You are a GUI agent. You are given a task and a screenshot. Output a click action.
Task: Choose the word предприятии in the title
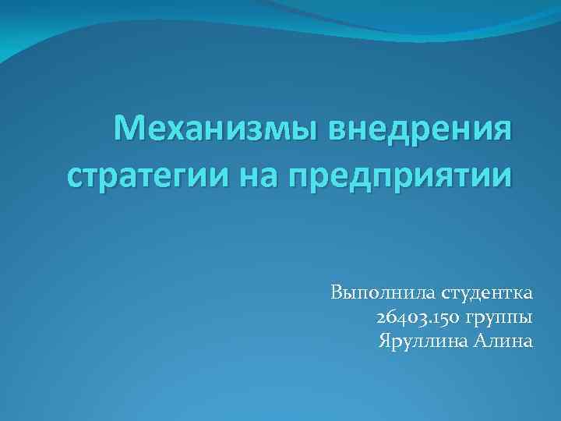[402, 177]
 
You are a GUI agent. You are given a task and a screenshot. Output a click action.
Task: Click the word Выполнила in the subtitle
[381, 295]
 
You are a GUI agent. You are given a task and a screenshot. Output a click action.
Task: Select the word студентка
[487, 295]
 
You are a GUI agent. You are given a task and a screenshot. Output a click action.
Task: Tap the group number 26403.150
[418, 318]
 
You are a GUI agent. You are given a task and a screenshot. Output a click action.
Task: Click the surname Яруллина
[422, 341]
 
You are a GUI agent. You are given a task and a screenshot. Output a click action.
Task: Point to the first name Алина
[503, 341]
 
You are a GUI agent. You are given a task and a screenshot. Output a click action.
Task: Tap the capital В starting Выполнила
[337, 295]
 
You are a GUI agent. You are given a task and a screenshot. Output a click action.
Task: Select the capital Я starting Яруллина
[383, 341]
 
